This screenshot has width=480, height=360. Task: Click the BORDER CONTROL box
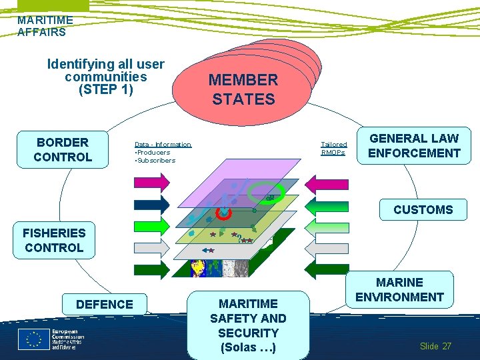click(x=63, y=149)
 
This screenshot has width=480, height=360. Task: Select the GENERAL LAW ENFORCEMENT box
click(x=414, y=145)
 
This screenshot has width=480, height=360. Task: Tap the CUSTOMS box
click(x=423, y=209)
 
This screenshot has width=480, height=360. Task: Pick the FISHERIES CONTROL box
click(x=54, y=240)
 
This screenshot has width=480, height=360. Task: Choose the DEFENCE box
click(x=105, y=304)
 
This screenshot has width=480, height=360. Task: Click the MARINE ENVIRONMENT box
click(x=399, y=290)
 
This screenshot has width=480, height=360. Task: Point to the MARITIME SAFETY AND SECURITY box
click(x=248, y=325)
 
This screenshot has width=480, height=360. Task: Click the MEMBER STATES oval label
click(x=243, y=89)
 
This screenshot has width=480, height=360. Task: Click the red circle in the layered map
click(x=224, y=213)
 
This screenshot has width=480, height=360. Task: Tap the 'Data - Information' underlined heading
click(x=163, y=144)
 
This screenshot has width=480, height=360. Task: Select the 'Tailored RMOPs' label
click(x=333, y=148)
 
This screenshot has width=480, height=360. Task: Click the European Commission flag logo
click(x=33, y=339)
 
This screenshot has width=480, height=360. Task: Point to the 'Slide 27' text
click(x=435, y=346)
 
